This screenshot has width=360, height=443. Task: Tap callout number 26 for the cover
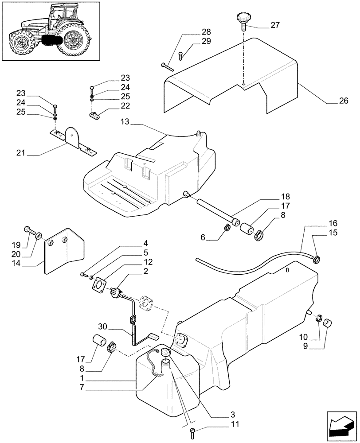coord(343,101)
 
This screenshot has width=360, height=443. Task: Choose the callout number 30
coord(103,327)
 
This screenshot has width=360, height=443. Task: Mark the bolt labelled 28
coord(167,67)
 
